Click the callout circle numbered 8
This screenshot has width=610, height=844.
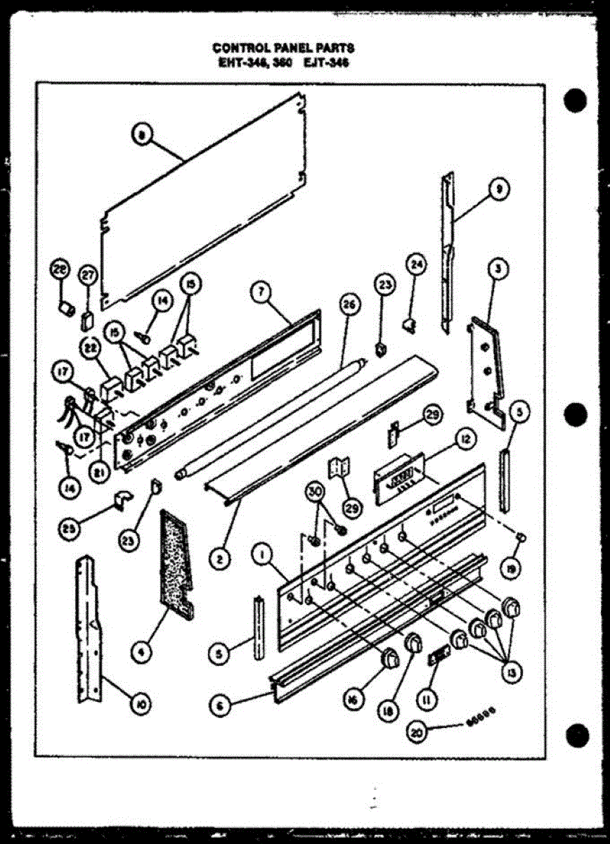pyautogui.click(x=142, y=137)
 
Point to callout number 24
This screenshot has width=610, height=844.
pyautogui.click(x=416, y=264)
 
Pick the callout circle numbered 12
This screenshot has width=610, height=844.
pyautogui.click(x=463, y=440)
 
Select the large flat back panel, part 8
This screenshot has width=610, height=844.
pyautogui.click(x=204, y=204)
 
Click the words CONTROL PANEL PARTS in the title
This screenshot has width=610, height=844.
pyautogui.click(x=283, y=48)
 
